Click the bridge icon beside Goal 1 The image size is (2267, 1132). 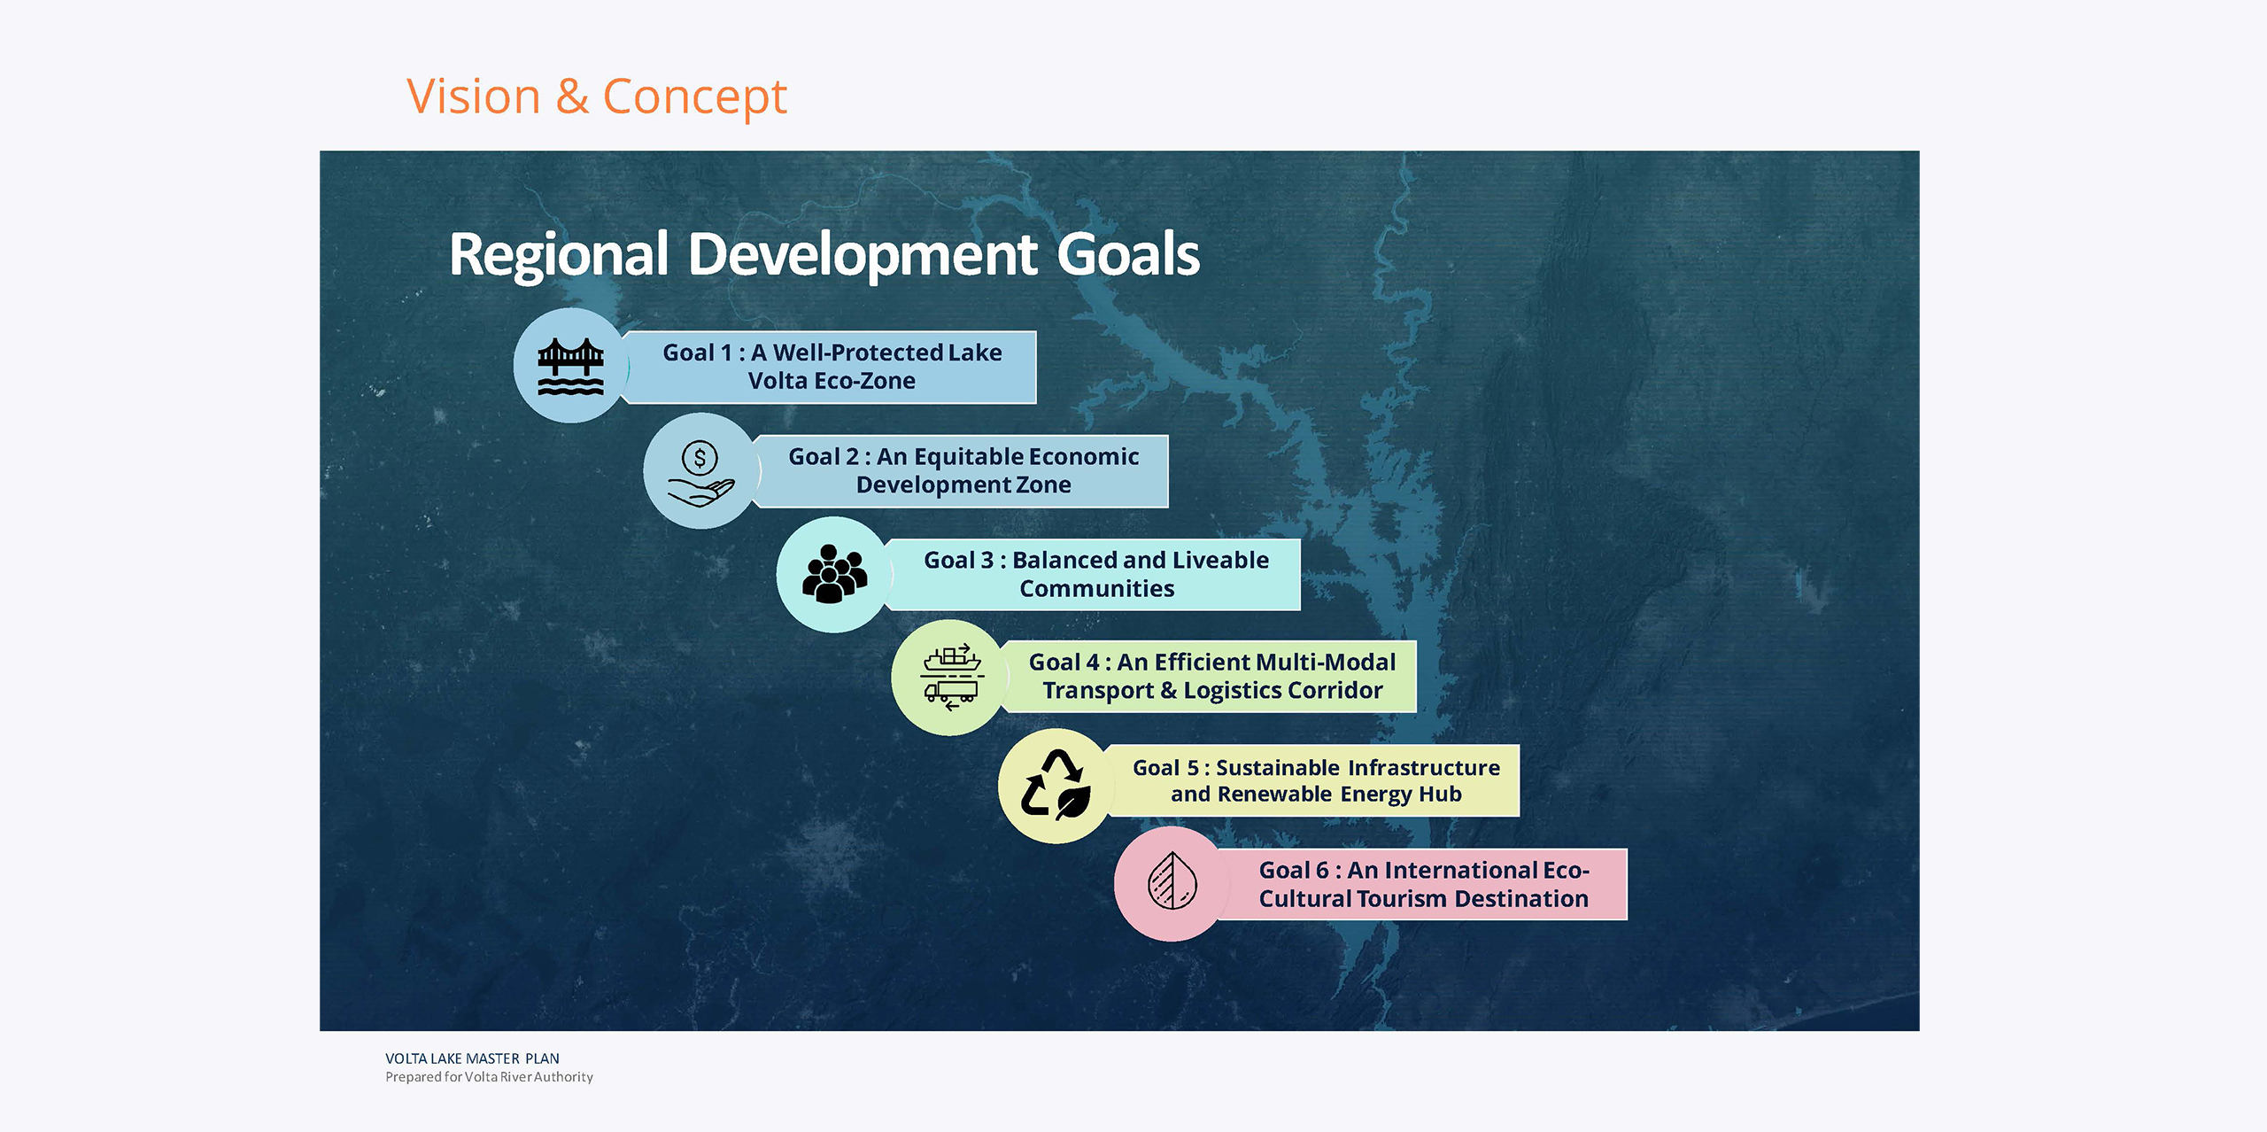pyautogui.click(x=571, y=367)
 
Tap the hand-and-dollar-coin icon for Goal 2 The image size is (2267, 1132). pyautogui.click(x=700, y=473)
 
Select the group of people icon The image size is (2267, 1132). pyautogui.click(x=834, y=574)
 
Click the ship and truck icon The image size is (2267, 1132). pyautogui.click(x=952, y=678)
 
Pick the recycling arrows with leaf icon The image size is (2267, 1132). pyautogui.click(x=1056, y=785)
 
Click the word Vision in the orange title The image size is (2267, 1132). pyautogui.click(x=474, y=96)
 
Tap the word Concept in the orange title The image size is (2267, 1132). pyautogui.click(x=695, y=97)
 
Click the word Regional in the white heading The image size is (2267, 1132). pyautogui.click(x=559, y=255)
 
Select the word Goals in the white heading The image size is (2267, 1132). pyautogui.click(x=1128, y=255)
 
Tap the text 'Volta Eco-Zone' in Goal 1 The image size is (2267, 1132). pyautogui.click(x=832, y=381)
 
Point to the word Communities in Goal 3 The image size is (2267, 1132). pyautogui.click(x=1096, y=589)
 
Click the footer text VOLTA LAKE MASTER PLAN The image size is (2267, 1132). pyautogui.click(x=472, y=1058)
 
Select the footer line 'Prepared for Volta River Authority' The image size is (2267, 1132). pyautogui.click(x=489, y=1077)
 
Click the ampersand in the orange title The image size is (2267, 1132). pyautogui.click(x=572, y=97)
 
